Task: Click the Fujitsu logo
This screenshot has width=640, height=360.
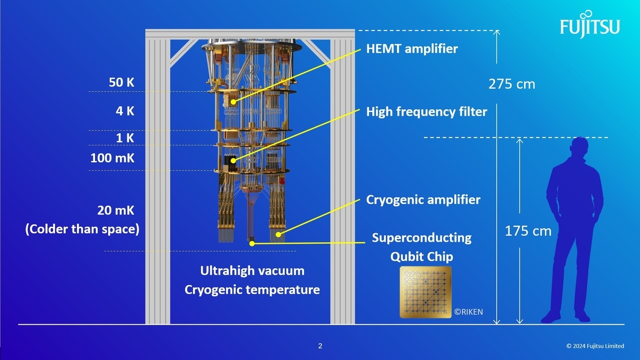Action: [590, 25]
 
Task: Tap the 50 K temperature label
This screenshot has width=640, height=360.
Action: [122, 82]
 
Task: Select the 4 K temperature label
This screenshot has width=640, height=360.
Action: [125, 111]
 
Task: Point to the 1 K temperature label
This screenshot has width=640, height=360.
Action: [125, 138]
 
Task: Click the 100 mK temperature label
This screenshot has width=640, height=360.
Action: [113, 158]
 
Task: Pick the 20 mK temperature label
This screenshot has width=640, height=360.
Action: [116, 210]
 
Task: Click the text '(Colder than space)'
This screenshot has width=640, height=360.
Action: [82, 229]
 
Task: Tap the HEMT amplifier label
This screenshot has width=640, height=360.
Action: [412, 49]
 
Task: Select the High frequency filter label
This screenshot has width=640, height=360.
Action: [427, 111]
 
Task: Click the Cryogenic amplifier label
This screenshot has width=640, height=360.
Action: [423, 199]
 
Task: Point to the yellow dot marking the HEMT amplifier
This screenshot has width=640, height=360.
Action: [234, 102]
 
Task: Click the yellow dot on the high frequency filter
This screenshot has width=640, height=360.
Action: [233, 161]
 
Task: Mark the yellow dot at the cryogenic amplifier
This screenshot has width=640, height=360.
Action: [278, 235]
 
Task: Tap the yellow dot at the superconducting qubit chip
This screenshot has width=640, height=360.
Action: [252, 243]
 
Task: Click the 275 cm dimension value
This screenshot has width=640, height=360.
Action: [511, 84]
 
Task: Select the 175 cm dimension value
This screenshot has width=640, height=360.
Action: [528, 231]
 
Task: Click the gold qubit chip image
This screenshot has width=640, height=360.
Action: [426, 292]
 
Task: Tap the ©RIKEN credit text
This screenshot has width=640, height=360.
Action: [469, 311]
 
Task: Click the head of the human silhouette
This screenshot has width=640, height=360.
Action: [580, 147]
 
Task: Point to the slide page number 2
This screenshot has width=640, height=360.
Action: [320, 346]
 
